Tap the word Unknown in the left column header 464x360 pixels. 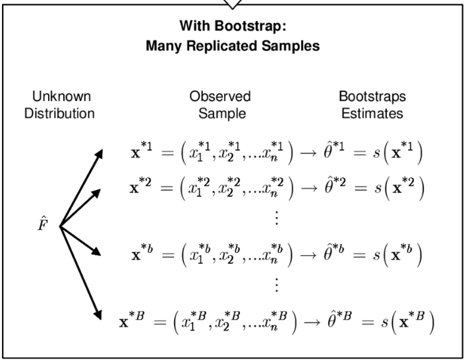(59, 96)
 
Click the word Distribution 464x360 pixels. (59, 113)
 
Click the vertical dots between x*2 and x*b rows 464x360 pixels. (276, 218)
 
